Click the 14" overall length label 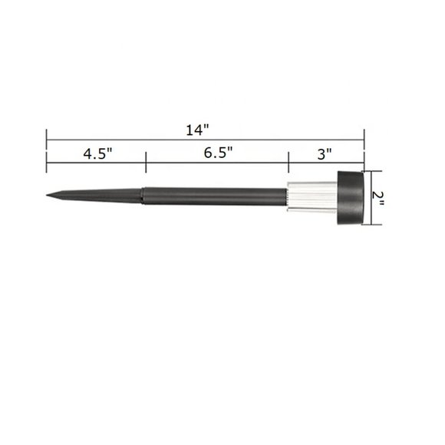[197, 129]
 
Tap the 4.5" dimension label [97, 153]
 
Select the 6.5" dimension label [219, 153]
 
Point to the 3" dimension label [324, 153]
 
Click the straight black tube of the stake [215, 196]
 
